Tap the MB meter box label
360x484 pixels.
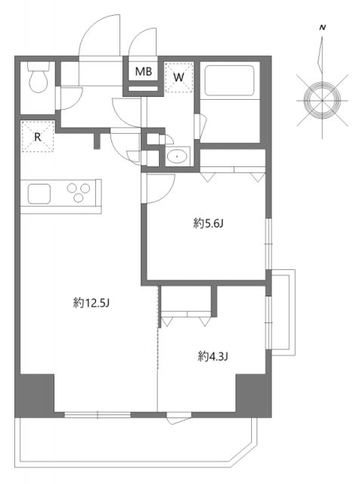click(144, 72)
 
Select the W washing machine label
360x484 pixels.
click(178, 77)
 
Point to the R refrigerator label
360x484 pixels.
click(38, 137)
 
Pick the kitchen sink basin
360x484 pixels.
click(39, 194)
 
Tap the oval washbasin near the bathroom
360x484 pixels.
click(178, 157)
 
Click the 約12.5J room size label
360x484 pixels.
click(92, 303)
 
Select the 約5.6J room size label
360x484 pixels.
click(208, 223)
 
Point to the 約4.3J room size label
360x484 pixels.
click(213, 357)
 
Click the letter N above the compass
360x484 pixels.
click(322, 28)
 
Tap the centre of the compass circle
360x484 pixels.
click(322, 101)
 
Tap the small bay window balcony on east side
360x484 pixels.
click(283, 312)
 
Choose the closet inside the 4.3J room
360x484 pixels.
click(186, 302)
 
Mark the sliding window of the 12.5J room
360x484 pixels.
click(98, 415)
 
